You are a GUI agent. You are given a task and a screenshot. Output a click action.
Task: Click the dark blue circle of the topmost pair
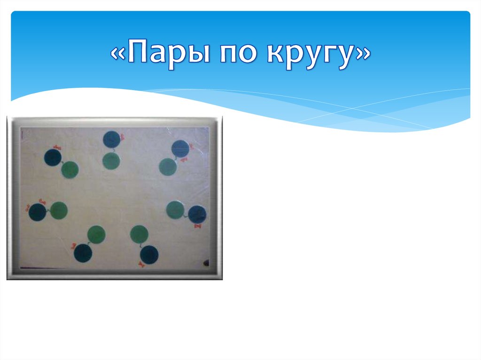[x=112, y=139]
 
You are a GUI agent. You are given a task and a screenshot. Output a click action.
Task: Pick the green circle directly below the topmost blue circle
[x=111, y=161]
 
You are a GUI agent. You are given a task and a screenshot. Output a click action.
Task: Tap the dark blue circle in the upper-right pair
[x=180, y=149]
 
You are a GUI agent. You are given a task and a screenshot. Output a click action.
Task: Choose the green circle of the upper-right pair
[x=168, y=167]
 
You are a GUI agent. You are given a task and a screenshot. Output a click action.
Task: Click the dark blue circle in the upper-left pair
[x=53, y=158]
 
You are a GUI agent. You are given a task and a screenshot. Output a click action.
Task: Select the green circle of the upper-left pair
[x=70, y=169]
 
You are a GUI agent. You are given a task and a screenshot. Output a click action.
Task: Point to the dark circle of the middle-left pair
[x=37, y=212]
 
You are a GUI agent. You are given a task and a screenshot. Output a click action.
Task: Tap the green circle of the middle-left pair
[x=59, y=210]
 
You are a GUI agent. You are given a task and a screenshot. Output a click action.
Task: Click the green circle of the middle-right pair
[x=175, y=210]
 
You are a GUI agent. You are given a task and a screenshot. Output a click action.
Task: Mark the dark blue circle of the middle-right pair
[x=197, y=214]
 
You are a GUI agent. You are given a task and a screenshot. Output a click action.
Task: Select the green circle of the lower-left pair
[x=96, y=234]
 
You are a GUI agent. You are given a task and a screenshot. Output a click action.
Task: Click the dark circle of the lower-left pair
[x=83, y=253]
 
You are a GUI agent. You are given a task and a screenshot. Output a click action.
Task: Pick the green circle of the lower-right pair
[x=139, y=234]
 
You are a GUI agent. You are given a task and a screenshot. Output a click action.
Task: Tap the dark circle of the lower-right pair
[x=149, y=254]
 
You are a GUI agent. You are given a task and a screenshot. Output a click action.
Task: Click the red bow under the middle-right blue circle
[x=197, y=226]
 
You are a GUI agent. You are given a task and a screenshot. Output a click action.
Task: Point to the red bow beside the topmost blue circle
[x=122, y=137]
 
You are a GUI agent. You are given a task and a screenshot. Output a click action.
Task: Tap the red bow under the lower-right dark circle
[x=141, y=266]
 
